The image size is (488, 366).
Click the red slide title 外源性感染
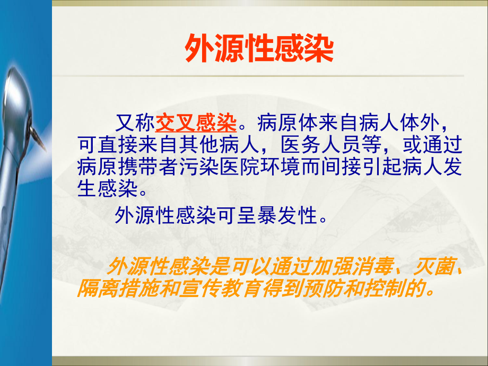(258, 50)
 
